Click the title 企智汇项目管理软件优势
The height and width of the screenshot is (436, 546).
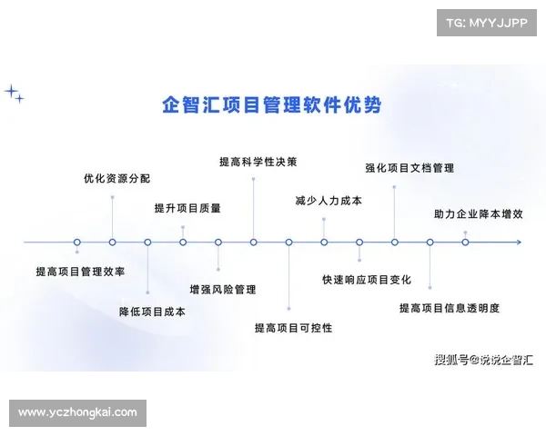270,105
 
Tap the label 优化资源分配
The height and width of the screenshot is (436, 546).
116,179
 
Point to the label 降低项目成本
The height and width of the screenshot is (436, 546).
152,312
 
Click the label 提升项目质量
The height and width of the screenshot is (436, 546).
187,208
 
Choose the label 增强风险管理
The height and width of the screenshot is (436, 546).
223,290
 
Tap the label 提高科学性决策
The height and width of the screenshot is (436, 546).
258,162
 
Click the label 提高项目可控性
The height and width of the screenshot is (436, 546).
293,328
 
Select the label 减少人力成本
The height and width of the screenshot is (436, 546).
329,200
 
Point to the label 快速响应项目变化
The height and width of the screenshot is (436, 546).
367,279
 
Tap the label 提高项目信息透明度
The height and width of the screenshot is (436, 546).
450,308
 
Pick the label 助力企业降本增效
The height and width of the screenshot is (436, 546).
479,215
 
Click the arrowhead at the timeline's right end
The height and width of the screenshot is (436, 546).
517,243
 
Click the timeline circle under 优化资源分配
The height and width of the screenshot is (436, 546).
112,243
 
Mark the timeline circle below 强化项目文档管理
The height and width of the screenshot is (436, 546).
395,243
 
